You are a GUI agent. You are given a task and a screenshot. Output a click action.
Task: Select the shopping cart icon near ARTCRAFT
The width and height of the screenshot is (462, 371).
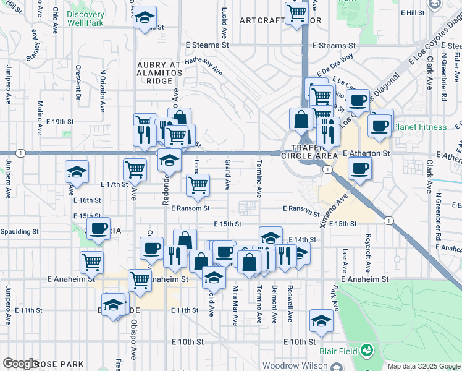coord(297,12)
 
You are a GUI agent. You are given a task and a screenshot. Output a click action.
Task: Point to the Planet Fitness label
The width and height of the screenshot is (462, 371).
coord(420,127)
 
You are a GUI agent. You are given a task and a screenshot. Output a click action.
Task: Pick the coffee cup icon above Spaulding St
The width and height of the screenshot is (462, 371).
coord(98,229)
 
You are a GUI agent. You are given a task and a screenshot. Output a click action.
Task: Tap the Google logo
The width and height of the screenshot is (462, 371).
coord(21,364)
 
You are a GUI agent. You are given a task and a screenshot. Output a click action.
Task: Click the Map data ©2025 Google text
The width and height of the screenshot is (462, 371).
coord(423,366)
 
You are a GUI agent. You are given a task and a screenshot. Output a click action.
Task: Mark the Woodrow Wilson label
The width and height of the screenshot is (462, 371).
coord(295,365)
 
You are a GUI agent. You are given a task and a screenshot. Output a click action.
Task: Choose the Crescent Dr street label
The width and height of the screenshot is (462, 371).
coord(78,82)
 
